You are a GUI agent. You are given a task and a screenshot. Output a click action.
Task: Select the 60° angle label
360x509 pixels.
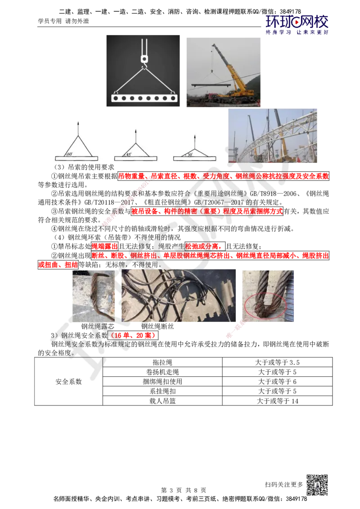[x=70, y=154]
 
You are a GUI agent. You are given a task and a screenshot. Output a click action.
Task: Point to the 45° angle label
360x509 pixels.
[x=129, y=154]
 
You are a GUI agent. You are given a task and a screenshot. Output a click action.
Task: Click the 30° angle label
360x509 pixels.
[x=190, y=154]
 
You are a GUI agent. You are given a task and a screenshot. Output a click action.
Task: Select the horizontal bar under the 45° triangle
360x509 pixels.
[x=135, y=158]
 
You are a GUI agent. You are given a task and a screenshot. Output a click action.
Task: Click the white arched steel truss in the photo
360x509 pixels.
[x=279, y=135]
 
